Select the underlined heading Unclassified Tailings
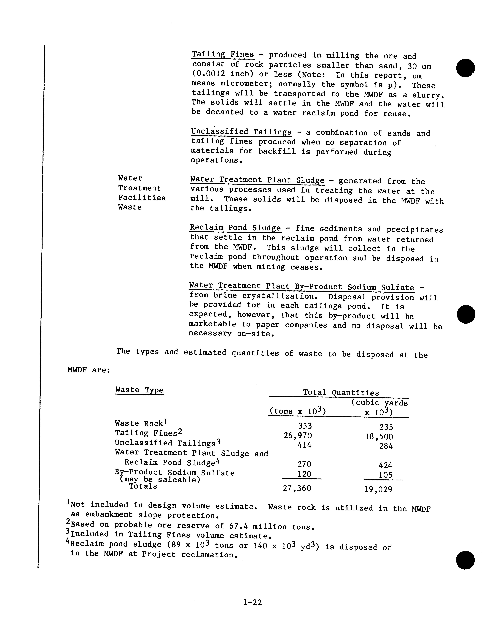pyautogui.click(x=241, y=132)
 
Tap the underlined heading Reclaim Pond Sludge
pyautogui.click(x=235, y=228)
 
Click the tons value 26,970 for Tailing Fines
pyautogui.click(x=298, y=436)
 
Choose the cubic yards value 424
pyautogui.click(x=385, y=465)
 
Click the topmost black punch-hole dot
pyautogui.click(x=465, y=68)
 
